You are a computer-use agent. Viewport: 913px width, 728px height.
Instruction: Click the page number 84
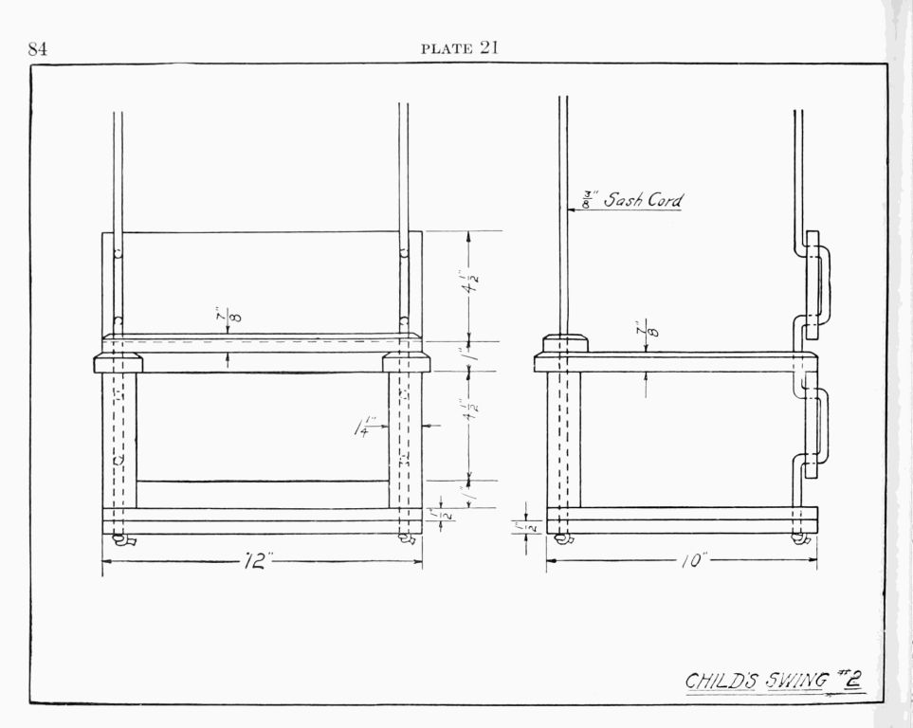point(38,49)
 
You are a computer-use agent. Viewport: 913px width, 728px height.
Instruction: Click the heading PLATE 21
point(460,48)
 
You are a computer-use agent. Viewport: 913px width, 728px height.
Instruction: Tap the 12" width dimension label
point(257,561)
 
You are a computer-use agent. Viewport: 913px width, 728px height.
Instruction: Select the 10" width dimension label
point(692,560)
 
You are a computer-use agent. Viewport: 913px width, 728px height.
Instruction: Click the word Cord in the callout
point(666,201)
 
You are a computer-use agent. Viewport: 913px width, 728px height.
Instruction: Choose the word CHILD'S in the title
point(719,681)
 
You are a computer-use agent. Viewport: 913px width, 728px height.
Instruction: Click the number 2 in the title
point(852,679)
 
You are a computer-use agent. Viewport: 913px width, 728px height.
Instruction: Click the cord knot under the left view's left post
point(122,540)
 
